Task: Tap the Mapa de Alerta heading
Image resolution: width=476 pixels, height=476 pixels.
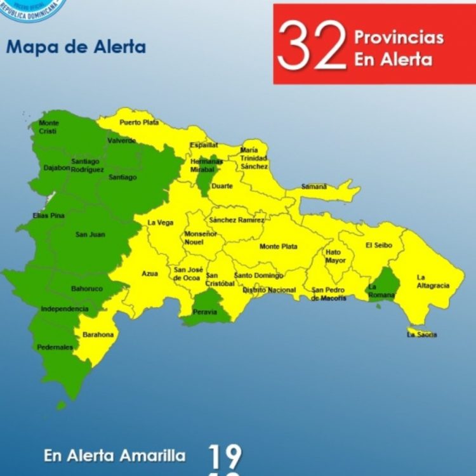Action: coord(76,47)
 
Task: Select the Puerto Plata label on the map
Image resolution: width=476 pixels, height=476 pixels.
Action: coord(139,122)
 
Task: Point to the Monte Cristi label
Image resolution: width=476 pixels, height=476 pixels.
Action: coord(48,126)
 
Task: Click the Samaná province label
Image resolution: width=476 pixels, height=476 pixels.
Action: coord(314,187)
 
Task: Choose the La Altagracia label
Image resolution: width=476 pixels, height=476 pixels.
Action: coord(433,281)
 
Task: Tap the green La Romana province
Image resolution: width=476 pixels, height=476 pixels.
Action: coord(382,285)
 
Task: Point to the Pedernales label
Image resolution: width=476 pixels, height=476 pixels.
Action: coord(55,347)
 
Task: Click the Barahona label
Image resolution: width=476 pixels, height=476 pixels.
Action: coord(97,334)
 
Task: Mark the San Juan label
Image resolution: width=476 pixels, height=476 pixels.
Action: coord(90,234)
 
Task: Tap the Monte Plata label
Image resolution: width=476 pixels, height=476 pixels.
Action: coord(278,246)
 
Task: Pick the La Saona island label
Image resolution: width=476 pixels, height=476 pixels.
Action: coord(422,334)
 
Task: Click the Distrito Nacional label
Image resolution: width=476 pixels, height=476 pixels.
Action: coord(269,290)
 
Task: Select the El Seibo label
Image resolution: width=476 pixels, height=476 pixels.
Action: coord(379,245)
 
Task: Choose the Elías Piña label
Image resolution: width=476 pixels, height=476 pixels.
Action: coord(48,216)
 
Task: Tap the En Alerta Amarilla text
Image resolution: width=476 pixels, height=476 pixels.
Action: coord(115,456)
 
